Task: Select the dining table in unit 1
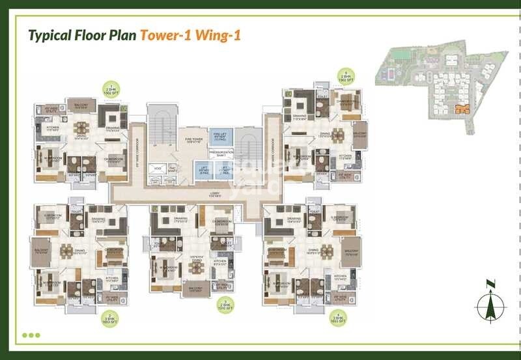(x=81, y=128)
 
